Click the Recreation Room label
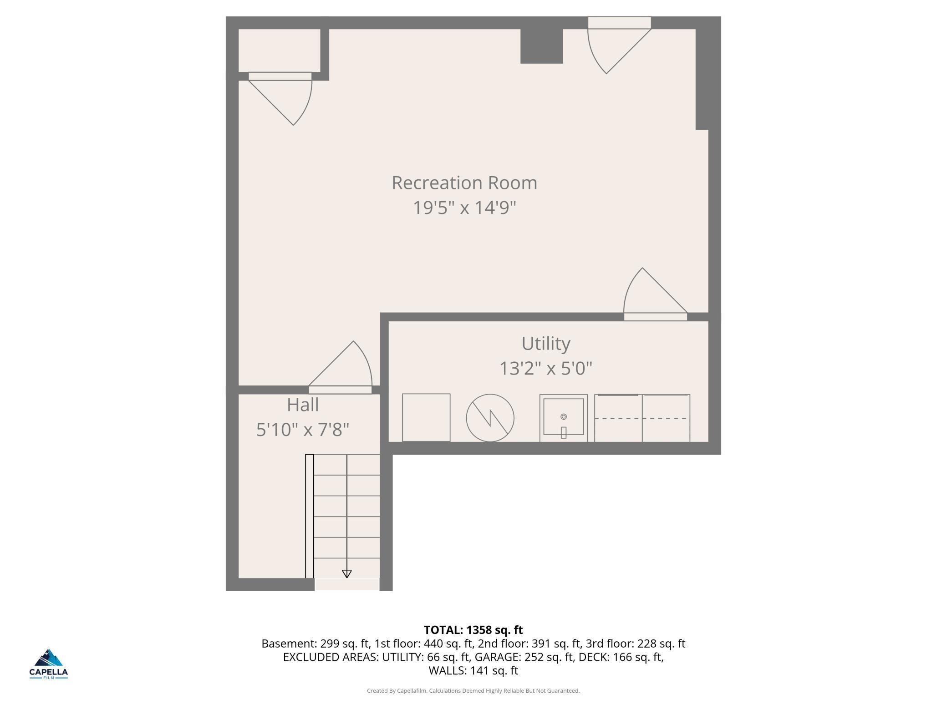[464, 183]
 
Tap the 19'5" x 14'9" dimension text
[464, 208]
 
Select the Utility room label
[545, 344]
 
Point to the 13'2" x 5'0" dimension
[545, 368]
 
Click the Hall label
[303, 405]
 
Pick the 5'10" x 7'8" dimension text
[303, 429]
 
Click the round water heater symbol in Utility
[490, 417]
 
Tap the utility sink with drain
[563, 417]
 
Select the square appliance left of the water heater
[426, 417]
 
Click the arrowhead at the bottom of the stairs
[347, 574]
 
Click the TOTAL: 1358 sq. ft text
[473, 630]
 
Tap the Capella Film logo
[49, 664]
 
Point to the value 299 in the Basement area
[330, 644]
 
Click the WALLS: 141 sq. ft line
[473, 670]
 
